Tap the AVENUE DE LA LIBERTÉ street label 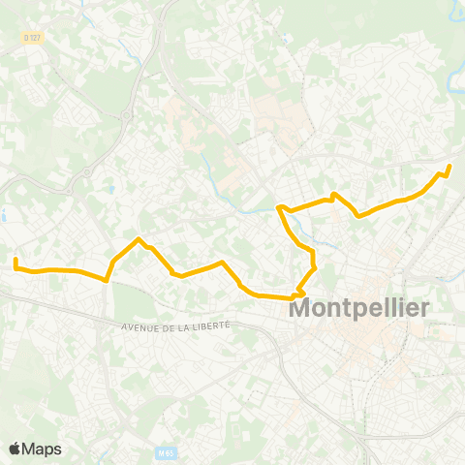(176, 326)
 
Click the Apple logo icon (15, 449)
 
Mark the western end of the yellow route (15, 260)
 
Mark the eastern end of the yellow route (449, 167)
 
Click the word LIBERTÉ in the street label (211, 325)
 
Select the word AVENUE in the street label (141, 327)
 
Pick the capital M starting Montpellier (301, 311)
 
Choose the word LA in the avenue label (186, 326)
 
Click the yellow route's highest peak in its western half (139, 239)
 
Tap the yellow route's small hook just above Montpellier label (301, 292)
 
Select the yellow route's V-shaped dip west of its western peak (106, 280)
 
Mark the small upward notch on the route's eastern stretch (334, 195)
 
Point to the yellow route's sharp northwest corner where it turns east (279, 207)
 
